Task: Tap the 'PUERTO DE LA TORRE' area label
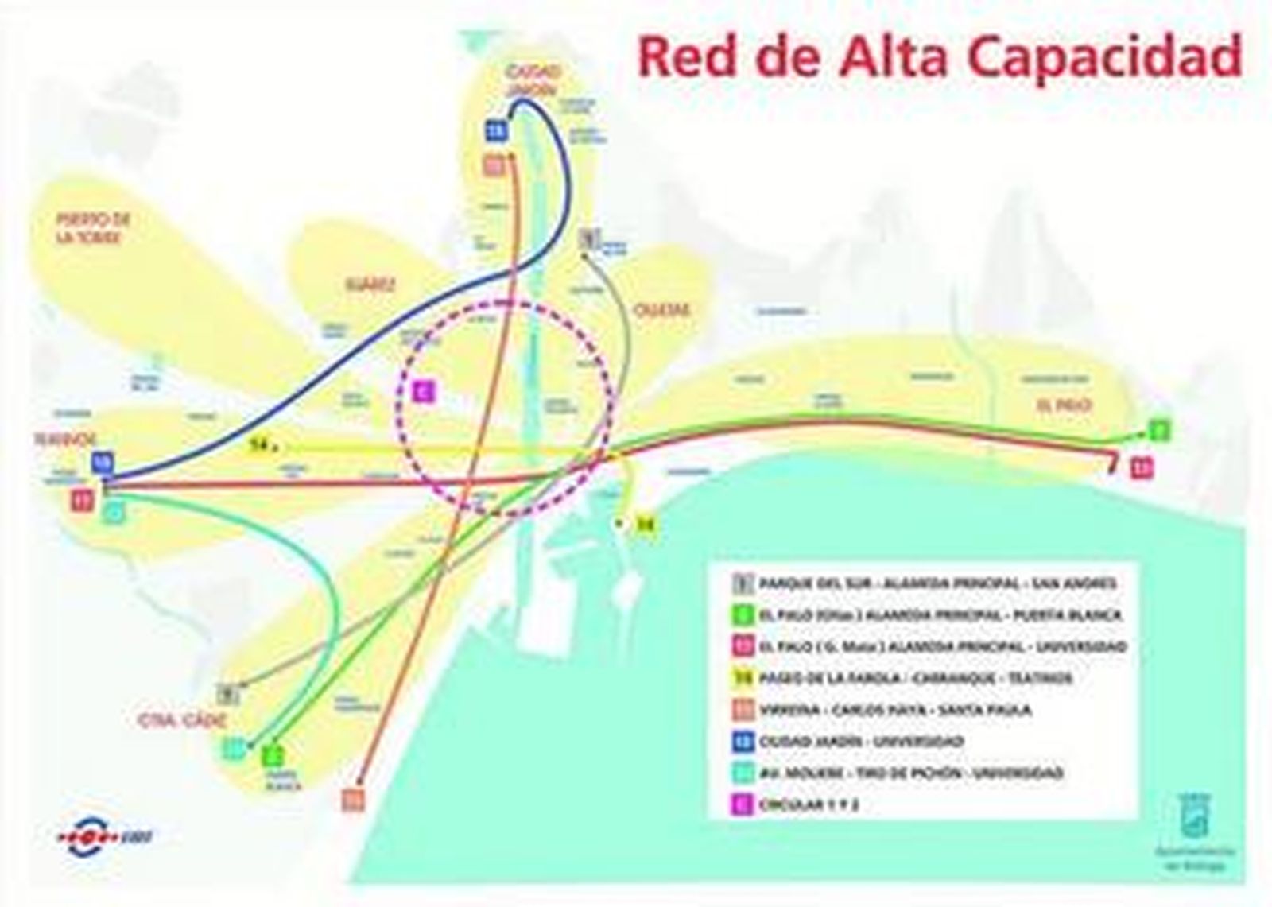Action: pyautogui.click(x=93, y=228)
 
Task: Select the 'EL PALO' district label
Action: pyautogui.click(x=1064, y=405)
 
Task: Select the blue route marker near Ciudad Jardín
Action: pyautogui.click(x=496, y=130)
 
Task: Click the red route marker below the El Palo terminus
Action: pyautogui.click(x=1142, y=467)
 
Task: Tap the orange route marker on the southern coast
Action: pyautogui.click(x=353, y=799)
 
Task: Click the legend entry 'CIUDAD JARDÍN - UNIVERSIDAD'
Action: pyautogui.click(x=861, y=742)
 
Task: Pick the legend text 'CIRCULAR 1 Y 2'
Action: pyautogui.click(x=809, y=804)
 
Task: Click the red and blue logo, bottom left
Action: pyautogui.click(x=104, y=835)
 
